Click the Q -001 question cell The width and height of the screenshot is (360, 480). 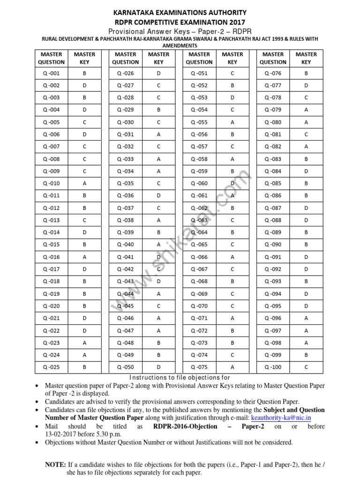coord(52,73)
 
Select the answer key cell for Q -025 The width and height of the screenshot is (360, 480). coord(85,367)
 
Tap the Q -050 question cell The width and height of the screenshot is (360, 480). coord(126,367)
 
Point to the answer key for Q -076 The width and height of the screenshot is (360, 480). coord(306,73)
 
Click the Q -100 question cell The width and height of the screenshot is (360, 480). coord(273,367)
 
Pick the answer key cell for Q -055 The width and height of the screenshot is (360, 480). coord(232,122)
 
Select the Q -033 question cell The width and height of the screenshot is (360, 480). coord(126,159)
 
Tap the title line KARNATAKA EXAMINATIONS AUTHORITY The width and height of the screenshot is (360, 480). coord(180,13)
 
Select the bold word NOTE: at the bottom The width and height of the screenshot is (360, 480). coord(55,465)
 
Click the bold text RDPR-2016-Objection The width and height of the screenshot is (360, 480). coord(185,426)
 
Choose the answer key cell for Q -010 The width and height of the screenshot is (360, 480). coord(85,183)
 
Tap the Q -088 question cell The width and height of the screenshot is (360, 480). coord(273,220)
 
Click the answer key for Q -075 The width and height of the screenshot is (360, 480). coord(232,367)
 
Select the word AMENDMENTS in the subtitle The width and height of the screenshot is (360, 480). coord(180,45)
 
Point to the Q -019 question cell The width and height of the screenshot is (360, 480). coord(52,293)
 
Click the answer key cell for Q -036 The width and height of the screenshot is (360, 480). coord(159,195)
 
